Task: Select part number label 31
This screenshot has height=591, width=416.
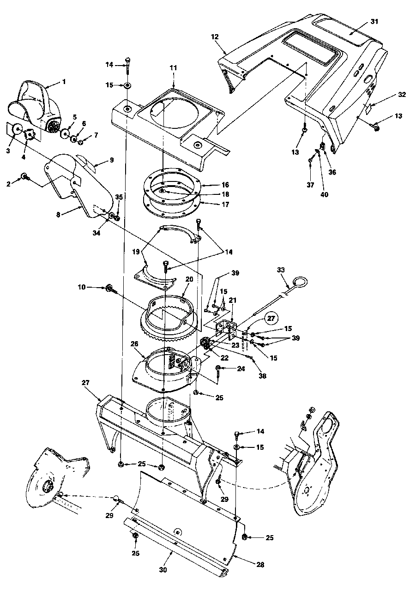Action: click(x=374, y=22)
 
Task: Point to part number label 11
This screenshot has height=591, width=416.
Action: click(x=174, y=67)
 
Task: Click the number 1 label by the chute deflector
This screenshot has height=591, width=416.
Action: click(x=64, y=82)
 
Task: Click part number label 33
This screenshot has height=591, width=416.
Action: click(x=280, y=269)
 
